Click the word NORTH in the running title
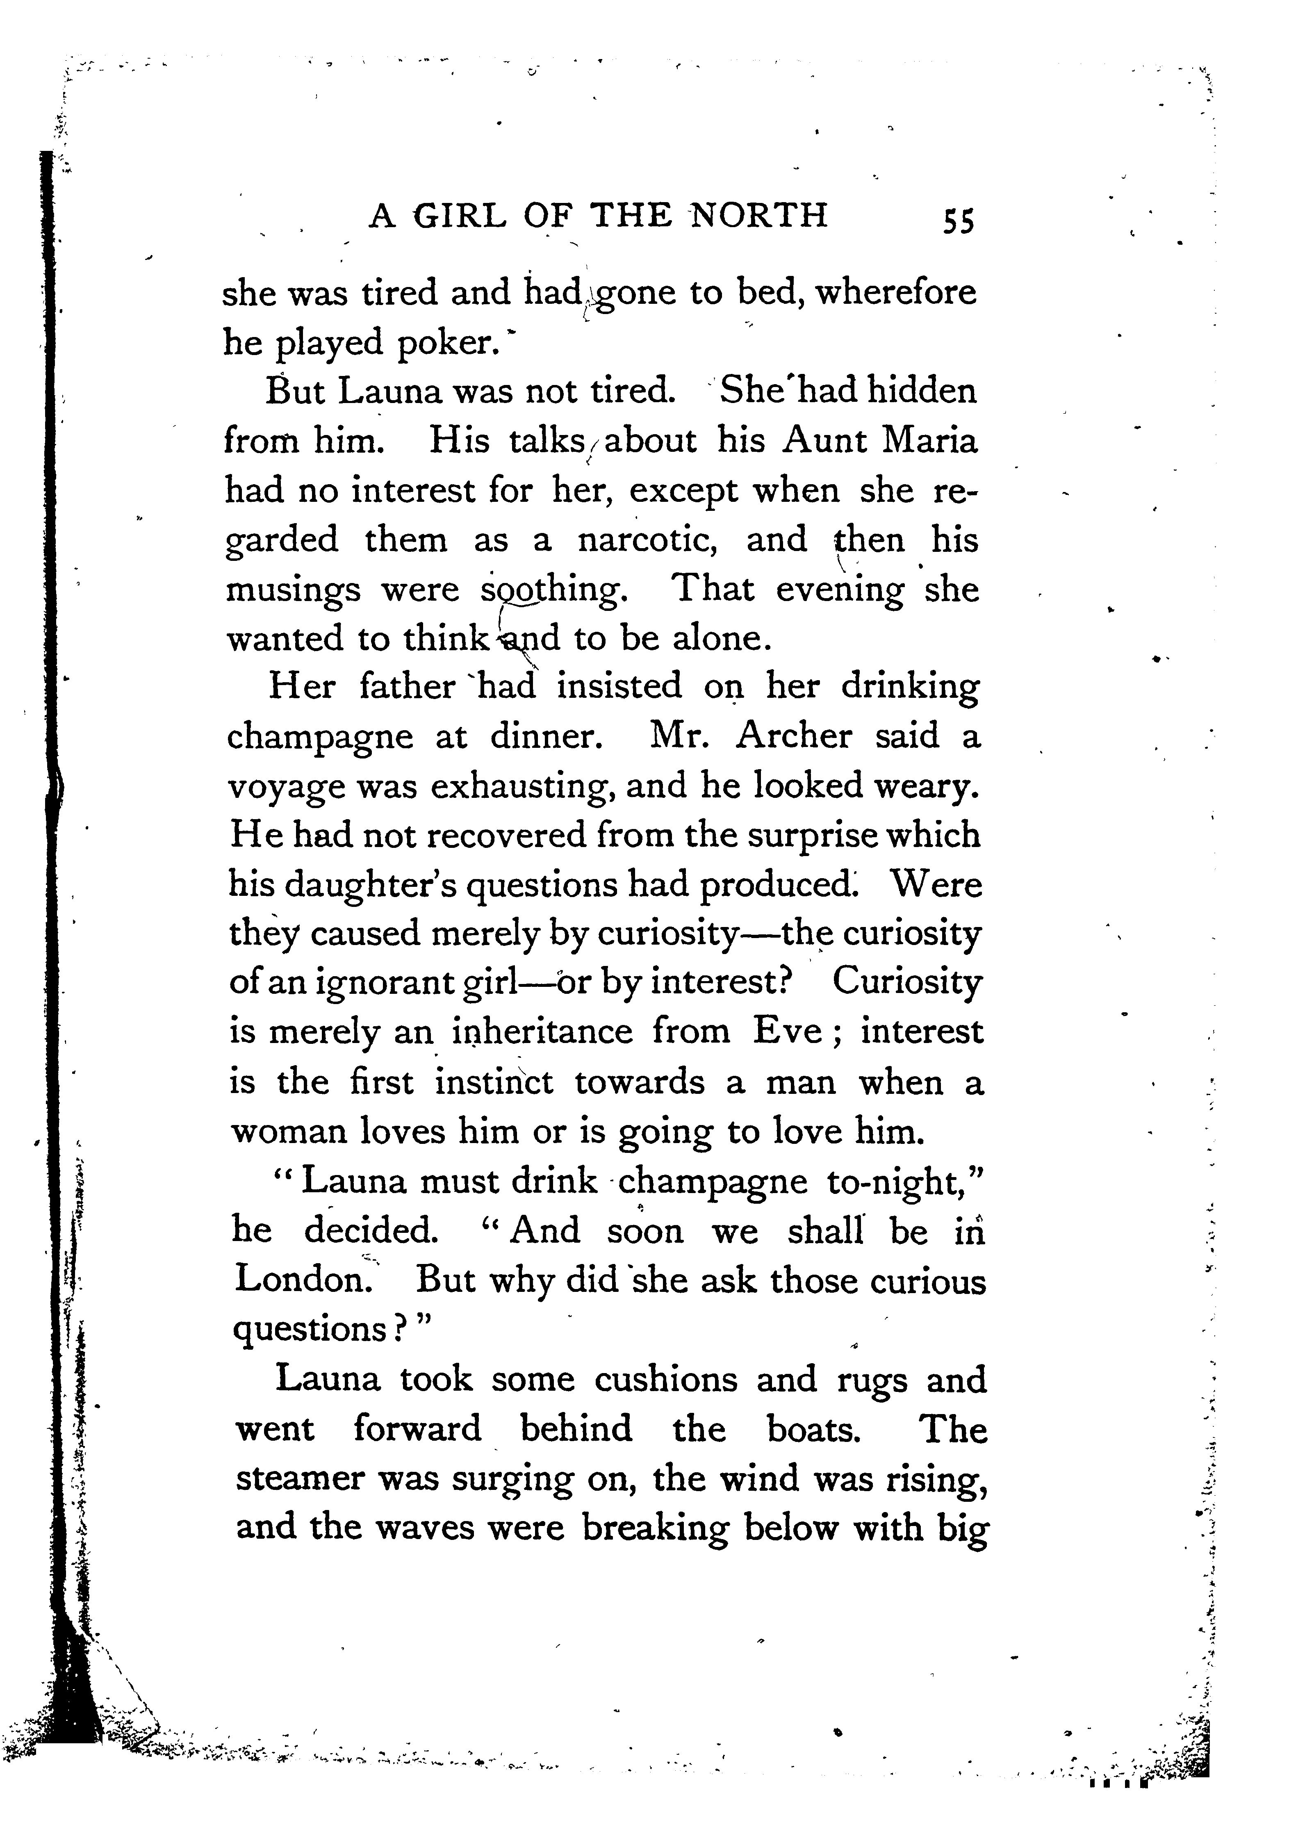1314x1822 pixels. tap(760, 215)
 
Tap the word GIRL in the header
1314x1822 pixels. tap(460, 215)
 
